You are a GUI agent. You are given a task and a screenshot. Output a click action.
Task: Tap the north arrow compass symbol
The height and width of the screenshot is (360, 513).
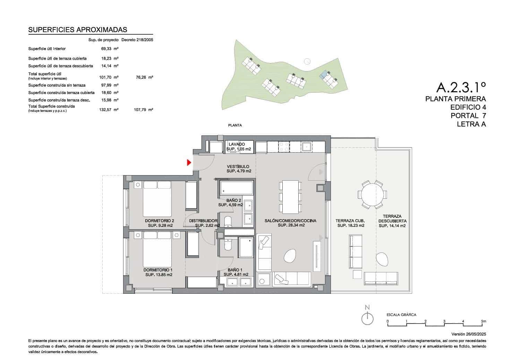click(x=367, y=318)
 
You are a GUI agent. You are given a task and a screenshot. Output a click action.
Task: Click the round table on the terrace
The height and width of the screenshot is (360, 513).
click(x=373, y=195)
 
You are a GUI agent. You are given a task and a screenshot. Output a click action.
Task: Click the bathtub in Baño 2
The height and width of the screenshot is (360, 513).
click(x=236, y=188)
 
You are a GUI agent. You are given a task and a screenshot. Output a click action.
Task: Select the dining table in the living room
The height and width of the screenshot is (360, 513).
click(x=291, y=197)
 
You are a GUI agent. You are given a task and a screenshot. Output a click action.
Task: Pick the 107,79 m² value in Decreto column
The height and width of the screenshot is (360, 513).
click(x=143, y=110)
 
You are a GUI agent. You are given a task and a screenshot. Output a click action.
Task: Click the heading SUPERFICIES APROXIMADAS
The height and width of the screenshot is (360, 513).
click(x=78, y=30)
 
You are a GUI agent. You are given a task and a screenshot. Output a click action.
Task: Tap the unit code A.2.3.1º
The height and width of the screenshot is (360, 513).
click(x=461, y=87)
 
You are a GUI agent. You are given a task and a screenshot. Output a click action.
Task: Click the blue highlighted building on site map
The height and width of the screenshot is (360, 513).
click(x=324, y=74)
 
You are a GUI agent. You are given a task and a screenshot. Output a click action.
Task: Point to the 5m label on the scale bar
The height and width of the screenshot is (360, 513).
click(x=484, y=322)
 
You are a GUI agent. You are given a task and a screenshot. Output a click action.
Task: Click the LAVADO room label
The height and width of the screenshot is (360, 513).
click(x=237, y=144)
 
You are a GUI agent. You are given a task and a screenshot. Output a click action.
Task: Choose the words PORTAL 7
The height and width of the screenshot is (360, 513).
click(x=468, y=115)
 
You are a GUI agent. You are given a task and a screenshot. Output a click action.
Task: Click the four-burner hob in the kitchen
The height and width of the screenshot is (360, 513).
click(x=284, y=147)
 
